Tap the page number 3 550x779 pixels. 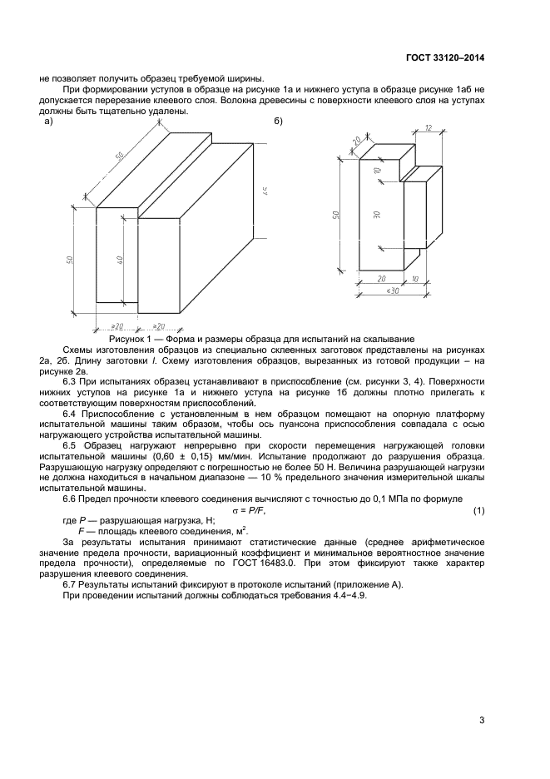pyautogui.click(x=482, y=721)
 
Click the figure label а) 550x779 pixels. pyautogui.click(x=47, y=122)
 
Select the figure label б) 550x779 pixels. pyautogui.click(x=280, y=122)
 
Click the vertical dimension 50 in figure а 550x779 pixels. pyautogui.click(x=72, y=260)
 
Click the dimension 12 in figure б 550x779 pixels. pyautogui.click(x=428, y=128)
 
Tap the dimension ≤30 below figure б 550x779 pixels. pyautogui.click(x=392, y=292)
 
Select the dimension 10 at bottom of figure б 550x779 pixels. pyautogui.click(x=416, y=280)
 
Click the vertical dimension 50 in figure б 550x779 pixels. pyautogui.click(x=336, y=214)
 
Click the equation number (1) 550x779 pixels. pyautogui.click(x=478, y=509)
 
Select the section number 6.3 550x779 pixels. pyautogui.click(x=72, y=381)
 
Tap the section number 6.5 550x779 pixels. pyautogui.click(x=72, y=445)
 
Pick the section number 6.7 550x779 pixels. pyautogui.click(x=72, y=585)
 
